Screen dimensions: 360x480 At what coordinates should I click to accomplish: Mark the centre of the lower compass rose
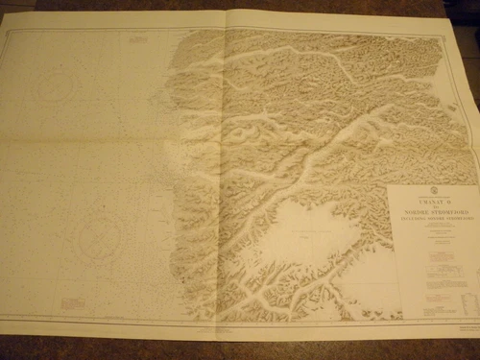96,234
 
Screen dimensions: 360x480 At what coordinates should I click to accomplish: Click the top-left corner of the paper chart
2,27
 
